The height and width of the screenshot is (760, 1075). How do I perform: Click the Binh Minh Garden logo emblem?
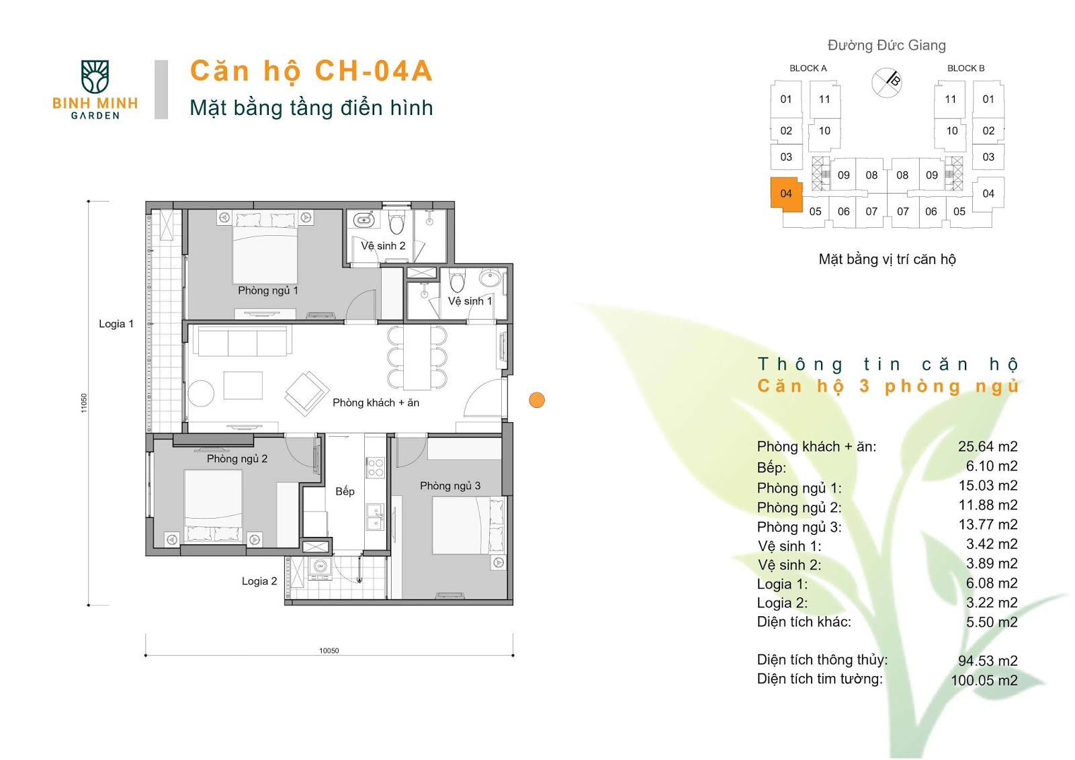coord(95,77)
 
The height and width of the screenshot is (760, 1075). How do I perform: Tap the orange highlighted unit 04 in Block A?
coord(786,194)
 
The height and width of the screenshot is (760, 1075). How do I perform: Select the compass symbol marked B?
coord(886,83)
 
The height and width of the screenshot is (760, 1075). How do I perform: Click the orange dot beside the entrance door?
coord(537,400)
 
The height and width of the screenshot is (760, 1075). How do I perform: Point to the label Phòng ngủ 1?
coord(268,290)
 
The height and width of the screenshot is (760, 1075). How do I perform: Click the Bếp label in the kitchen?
coord(345,491)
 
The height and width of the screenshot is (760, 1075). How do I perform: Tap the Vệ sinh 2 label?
coord(383,246)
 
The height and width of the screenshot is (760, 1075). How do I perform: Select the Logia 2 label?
coord(259,581)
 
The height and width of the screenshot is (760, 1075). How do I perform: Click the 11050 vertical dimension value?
coord(84,403)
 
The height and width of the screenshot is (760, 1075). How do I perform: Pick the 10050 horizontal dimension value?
coord(329,650)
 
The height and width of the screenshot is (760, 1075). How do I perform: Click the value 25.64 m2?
coord(988,446)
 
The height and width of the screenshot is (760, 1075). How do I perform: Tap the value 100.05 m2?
coord(984,680)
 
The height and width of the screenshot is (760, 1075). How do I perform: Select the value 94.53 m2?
coord(988,661)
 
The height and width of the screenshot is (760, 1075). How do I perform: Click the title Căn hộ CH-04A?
coord(312,71)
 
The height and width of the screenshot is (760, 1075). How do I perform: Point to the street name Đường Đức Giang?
coord(886,45)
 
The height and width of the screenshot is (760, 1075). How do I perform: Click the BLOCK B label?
coord(965,68)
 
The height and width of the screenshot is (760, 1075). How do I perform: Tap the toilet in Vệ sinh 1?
coord(457,280)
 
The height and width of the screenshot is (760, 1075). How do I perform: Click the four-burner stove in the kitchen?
coord(376,468)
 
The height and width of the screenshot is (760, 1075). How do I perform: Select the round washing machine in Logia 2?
coord(320,566)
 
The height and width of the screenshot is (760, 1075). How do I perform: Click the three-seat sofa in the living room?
coord(245,341)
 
